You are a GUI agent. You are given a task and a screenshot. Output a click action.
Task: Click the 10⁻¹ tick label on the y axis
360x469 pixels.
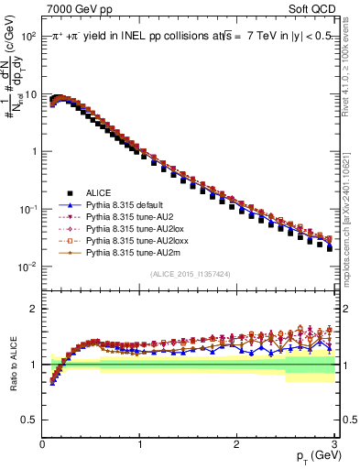[27, 209]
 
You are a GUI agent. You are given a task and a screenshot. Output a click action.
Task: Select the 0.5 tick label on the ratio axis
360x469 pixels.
[29, 420]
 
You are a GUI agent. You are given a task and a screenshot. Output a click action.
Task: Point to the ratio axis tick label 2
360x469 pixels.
[33, 308]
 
